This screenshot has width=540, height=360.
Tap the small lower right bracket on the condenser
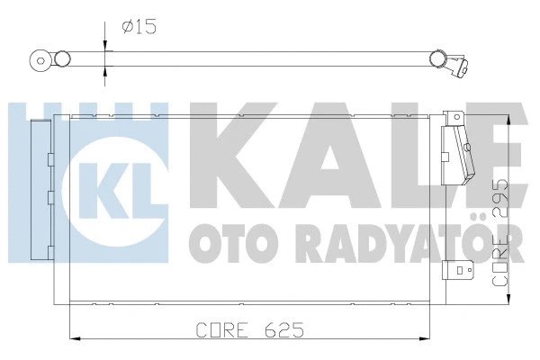(x=463, y=267)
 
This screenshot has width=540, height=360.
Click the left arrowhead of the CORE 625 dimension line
(x=74, y=339)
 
